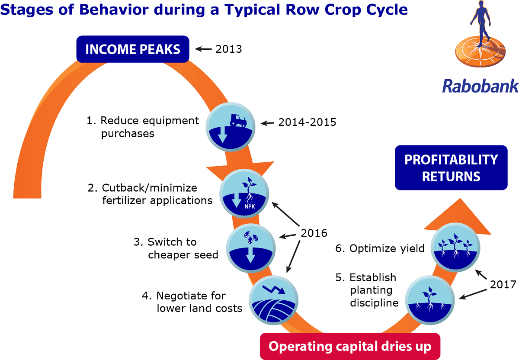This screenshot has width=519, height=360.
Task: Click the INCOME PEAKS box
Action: (133, 49)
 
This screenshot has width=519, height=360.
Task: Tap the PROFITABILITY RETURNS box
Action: (451, 168)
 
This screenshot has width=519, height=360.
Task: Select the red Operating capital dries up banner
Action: (349, 346)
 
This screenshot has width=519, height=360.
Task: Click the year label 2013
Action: (228, 49)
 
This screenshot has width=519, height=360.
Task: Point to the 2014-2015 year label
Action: (307, 122)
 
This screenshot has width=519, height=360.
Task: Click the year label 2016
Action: (314, 233)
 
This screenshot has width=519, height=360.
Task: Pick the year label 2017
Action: (503, 284)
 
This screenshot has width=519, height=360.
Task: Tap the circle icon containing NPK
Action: (245, 194)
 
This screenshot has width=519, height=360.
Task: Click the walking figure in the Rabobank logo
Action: (480, 22)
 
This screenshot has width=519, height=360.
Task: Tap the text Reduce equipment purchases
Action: (143, 127)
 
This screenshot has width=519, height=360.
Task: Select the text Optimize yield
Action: (380, 248)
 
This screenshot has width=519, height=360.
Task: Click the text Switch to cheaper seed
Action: (176, 248)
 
